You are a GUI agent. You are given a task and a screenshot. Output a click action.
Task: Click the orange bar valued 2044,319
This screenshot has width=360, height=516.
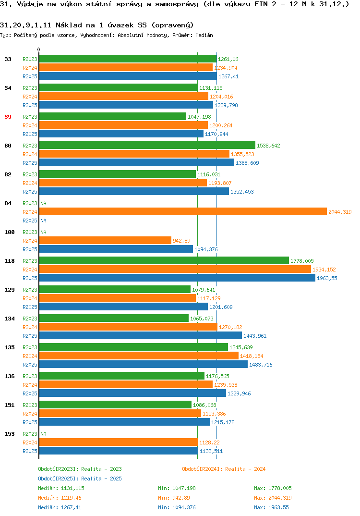coord(183,211)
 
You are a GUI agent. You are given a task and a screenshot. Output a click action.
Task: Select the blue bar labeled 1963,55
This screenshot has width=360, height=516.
coord(177,278)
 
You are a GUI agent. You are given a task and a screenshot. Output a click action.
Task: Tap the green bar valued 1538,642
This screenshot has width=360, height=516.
coord(147,145)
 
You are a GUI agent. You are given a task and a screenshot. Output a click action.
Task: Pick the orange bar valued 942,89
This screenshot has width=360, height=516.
coord(105,241)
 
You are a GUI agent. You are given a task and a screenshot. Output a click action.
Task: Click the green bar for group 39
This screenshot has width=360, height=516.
coord(113,116)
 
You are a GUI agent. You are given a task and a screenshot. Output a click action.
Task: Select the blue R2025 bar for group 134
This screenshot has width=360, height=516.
coord(141,336)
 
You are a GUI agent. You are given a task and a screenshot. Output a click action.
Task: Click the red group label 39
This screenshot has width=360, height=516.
coord(8,117)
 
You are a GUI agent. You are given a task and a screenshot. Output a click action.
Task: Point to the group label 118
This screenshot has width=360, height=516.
coord(10,261)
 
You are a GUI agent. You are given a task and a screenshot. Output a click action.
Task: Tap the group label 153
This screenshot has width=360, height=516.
coord(10,434)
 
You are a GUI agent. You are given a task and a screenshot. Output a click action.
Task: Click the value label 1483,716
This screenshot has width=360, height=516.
coord(261,365)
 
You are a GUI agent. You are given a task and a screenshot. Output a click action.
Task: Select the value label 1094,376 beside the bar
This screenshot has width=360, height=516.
coord(206,249)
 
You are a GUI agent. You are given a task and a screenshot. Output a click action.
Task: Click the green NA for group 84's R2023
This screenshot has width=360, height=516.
coord(43,203)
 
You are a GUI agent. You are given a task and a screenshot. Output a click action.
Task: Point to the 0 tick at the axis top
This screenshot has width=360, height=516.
coord(38,49)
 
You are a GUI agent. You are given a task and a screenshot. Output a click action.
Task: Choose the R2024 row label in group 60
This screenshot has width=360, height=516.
coord(30,154)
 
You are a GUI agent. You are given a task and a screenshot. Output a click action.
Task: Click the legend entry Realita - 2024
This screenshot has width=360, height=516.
coord(224,469)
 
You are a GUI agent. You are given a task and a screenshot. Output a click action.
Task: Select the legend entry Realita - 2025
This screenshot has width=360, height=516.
coord(80,479)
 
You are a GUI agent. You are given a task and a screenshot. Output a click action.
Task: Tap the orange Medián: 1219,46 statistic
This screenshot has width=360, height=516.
coord(60,498)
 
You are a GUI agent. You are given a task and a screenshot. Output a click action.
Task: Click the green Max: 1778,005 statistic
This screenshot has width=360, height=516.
coord(273,488)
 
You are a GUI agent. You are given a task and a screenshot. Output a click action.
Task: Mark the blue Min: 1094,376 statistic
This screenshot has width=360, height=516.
coord(177,507)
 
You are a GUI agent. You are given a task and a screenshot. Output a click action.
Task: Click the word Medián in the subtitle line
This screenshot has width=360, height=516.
coord(204,35)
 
